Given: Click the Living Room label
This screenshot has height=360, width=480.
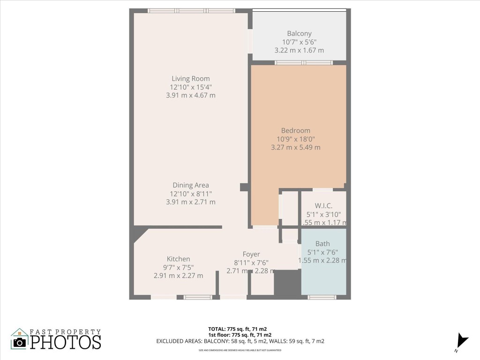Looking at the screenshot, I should point(190,79).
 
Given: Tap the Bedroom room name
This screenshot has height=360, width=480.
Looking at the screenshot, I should point(295,130).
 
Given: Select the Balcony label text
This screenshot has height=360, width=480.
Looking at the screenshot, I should point(299,33).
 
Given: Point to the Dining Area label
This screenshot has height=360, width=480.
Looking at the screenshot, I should point(190,185).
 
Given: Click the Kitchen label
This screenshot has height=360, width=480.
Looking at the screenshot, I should point(178,259).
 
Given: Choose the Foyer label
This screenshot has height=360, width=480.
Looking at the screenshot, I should point(251,254).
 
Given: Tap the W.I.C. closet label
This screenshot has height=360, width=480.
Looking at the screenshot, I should point(323,205).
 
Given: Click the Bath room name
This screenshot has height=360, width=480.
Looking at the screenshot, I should point(322,244).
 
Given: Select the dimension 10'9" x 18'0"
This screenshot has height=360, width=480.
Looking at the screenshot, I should point(295,139).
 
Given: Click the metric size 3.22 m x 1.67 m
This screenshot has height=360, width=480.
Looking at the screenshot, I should point(299,50).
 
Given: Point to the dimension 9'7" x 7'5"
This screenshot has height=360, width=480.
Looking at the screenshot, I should point(178,267).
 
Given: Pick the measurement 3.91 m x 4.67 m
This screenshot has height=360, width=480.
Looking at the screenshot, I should point(190,95).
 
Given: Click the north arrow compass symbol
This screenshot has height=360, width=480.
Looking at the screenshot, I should point(462,340).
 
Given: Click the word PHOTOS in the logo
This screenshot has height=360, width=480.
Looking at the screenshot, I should point(66,342).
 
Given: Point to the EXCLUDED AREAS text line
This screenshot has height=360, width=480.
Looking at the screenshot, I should point(240,341).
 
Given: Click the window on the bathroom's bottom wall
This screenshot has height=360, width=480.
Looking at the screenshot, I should point(322,297).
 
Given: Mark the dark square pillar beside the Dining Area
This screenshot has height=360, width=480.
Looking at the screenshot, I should point(244,187).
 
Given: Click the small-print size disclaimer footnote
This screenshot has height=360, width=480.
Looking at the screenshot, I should point(240,350).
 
